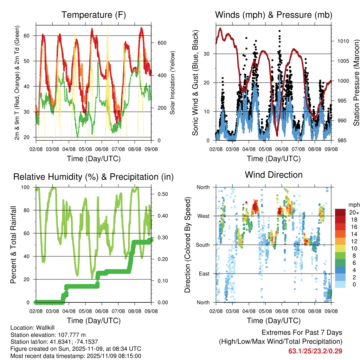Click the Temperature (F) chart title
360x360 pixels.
pyautogui.click(x=94, y=15)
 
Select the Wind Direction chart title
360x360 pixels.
pyautogui.click(x=274, y=175)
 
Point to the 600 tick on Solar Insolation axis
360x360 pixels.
pyautogui.click(x=161, y=43)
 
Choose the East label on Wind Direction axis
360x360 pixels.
pyautogui.click(x=204, y=274)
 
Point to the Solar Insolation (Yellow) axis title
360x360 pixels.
pyautogui.click(x=173, y=83)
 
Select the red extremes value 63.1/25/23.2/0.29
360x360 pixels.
pyautogui.click(x=315, y=351)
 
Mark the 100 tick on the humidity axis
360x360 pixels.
pyautogui.click(x=27, y=187)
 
